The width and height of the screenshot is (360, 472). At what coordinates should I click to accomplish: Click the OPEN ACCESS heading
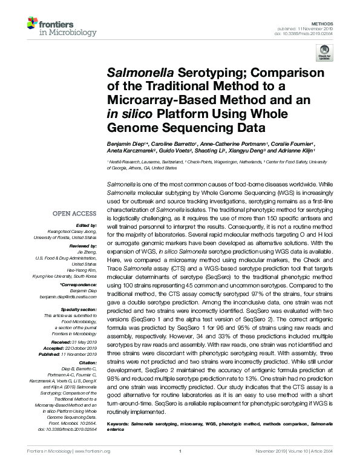74,213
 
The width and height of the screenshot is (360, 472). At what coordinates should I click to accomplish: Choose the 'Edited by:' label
87,225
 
